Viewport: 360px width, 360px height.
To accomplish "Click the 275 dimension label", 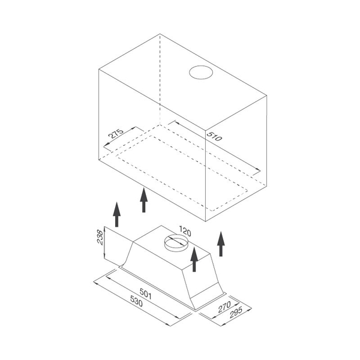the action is [x=116, y=134].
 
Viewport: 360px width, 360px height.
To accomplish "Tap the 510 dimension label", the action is [x=214, y=136].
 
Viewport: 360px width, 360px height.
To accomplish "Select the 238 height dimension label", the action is [x=100, y=237].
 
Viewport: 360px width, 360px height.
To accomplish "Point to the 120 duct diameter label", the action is [x=185, y=231].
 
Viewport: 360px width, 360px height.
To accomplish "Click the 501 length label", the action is [x=146, y=294].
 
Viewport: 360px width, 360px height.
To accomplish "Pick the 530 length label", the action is [x=136, y=301].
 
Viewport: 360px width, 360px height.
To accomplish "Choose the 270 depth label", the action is [x=224, y=307].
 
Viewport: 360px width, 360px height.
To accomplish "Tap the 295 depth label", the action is [x=236, y=313].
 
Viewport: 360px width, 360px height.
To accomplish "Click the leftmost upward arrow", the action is [x=116, y=214].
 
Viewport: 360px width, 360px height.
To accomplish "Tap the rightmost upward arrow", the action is [x=221, y=244].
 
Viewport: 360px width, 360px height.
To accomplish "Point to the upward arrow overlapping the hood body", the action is [x=194, y=259].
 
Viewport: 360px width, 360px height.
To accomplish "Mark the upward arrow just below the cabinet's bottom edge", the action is [x=144, y=200].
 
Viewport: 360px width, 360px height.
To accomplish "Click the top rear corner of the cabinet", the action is [x=160, y=34].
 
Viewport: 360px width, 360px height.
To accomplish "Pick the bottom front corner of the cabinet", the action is [x=205, y=221].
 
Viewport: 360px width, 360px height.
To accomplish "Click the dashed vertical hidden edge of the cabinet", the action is [x=160, y=79].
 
